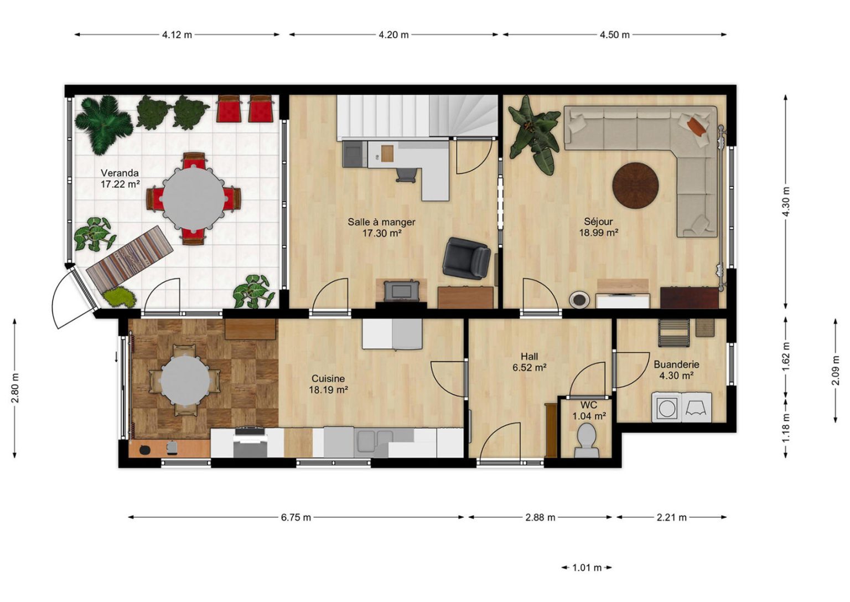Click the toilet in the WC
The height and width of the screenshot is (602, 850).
click(x=586, y=441)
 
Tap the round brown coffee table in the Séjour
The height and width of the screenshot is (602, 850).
click(x=636, y=186)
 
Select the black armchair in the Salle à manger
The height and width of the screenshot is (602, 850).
click(x=467, y=258)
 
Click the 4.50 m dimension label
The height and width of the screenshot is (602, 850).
click(x=614, y=35)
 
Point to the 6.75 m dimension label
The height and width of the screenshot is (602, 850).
click(x=296, y=517)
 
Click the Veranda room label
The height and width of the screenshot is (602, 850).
click(x=120, y=173)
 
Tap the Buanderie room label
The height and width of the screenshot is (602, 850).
click(x=676, y=364)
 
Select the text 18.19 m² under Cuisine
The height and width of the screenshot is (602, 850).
click(x=329, y=390)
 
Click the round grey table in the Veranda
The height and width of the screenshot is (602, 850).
click(x=194, y=198)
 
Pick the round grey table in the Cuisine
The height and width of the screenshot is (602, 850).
click(x=185, y=380)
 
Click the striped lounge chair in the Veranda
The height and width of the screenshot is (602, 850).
click(x=130, y=257)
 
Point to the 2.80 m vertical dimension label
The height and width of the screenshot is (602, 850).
click(x=15, y=388)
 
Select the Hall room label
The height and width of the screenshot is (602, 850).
click(x=529, y=357)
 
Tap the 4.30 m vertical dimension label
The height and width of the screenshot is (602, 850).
click(x=786, y=201)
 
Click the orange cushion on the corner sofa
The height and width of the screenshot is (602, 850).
click(x=697, y=126)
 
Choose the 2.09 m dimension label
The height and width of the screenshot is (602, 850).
click(x=835, y=370)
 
